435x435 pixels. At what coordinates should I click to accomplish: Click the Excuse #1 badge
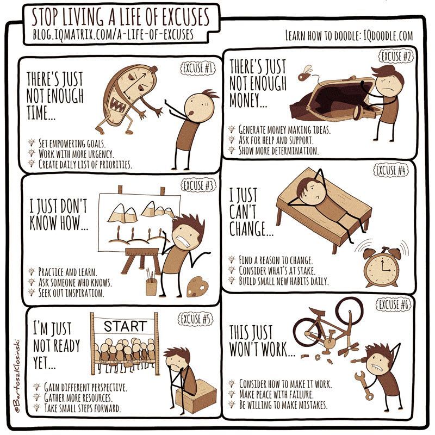click(198, 68)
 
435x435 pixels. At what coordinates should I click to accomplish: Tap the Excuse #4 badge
click(391, 170)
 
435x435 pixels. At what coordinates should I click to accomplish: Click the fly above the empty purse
click(304, 73)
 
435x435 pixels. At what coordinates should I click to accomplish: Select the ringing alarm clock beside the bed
click(382, 267)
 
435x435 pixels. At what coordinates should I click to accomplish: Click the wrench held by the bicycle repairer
click(364, 386)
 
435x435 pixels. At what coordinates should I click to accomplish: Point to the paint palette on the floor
click(197, 288)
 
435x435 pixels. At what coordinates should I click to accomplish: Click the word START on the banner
click(126, 326)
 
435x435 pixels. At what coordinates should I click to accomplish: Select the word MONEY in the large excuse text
click(248, 100)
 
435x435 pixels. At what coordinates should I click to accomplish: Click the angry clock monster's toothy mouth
click(118, 105)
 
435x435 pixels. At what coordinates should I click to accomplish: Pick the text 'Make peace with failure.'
click(276, 394)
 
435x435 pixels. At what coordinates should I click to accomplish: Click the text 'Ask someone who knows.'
click(75, 282)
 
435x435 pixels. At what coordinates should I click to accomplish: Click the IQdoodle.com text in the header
click(388, 35)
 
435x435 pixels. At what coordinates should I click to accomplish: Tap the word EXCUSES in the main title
click(185, 17)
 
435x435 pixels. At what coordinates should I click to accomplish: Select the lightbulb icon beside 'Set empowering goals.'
click(32, 142)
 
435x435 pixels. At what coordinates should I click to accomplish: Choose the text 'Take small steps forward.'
click(83, 408)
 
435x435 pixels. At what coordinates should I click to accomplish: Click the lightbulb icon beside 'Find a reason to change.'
click(232, 259)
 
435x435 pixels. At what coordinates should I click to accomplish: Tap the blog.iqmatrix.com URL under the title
click(113, 35)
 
